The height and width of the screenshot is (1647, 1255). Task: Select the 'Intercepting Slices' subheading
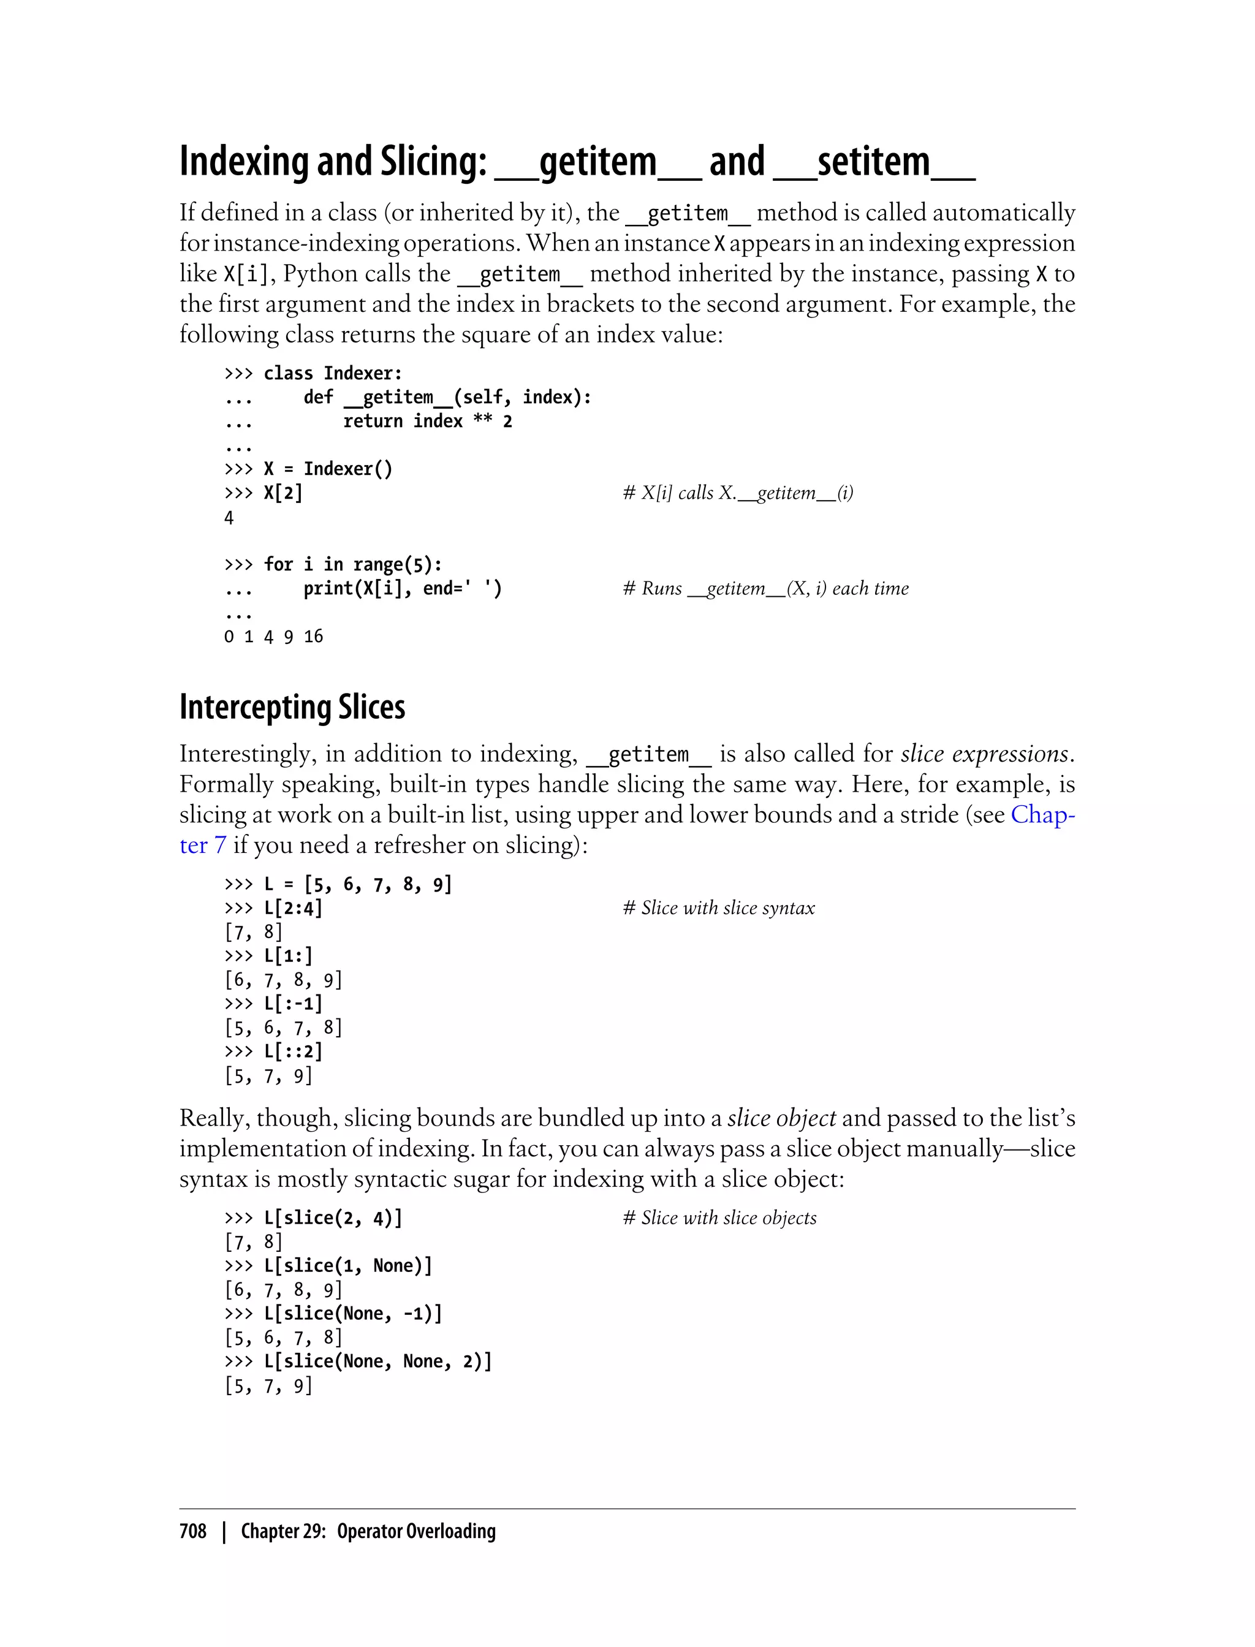point(292,706)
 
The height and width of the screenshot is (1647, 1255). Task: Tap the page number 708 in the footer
point(193,1531)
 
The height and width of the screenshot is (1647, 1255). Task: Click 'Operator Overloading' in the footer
point(416,1531)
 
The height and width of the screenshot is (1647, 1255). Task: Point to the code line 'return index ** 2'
point(427,422)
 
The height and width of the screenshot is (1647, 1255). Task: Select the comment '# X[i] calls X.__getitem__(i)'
point(738,493)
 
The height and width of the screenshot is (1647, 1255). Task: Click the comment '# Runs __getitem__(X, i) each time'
point(766,589)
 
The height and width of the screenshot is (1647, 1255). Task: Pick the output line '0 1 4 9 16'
point(273,637)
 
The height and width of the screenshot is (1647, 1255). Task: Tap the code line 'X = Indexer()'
point(327,469)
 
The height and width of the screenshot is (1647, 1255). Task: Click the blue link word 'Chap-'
point(1043,814)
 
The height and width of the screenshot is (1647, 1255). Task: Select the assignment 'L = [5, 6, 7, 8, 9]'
point(358,884)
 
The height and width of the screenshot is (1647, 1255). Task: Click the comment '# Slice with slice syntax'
point(719,908)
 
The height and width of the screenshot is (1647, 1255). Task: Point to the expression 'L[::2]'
point(293,1051)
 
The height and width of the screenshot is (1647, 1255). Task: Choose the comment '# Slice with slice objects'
point(719,1218)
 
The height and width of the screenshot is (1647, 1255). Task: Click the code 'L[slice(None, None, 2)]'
point(378,1361)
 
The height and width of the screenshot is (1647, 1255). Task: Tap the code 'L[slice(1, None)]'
point(348,1266)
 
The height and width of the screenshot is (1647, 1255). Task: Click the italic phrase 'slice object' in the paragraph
point(781,1118)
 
